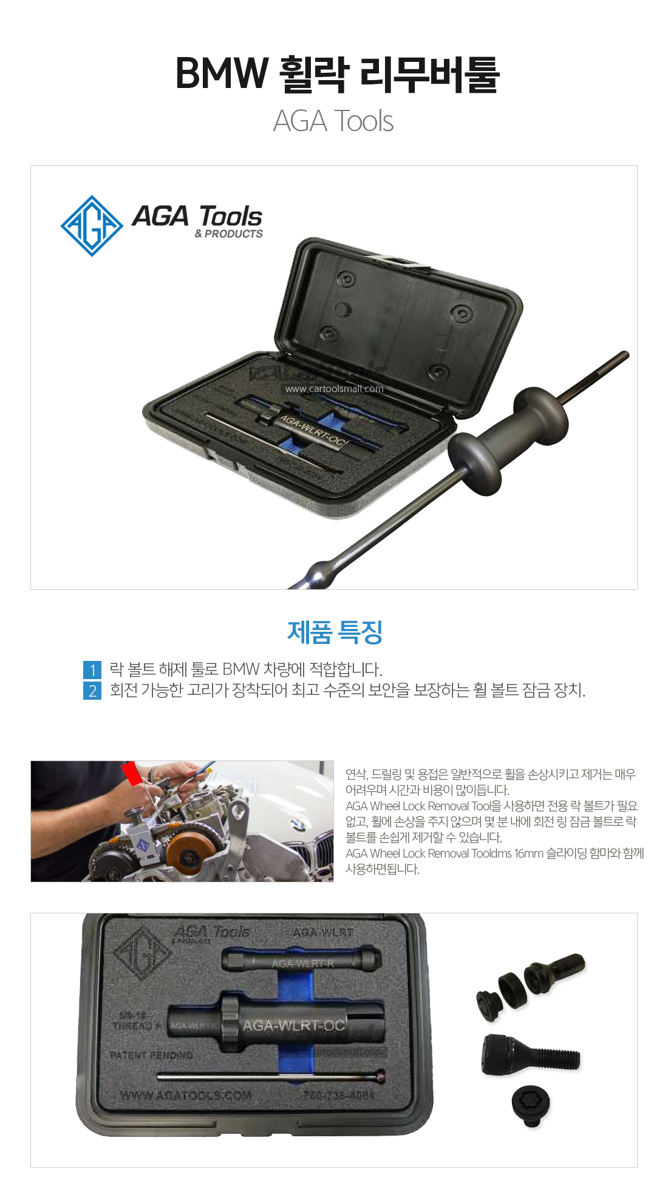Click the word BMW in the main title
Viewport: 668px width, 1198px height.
point(221,73)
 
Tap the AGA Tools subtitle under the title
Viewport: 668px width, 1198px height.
point(333,121)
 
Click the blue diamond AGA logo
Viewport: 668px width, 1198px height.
point(92,226)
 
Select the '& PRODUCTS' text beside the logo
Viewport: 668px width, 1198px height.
point(229,234)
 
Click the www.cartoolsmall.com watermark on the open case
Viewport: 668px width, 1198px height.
point(334,389)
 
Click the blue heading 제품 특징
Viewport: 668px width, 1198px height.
point(335,632)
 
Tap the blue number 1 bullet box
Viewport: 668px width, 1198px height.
point(92,670)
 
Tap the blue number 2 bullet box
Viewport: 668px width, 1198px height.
point(92,691)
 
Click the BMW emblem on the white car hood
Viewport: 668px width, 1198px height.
point(297,824)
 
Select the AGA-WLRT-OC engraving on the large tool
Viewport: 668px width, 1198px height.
point(294,1026)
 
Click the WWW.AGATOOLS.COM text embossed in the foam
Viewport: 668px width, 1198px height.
point(185,1096)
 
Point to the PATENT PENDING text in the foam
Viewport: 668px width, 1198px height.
point(151,1055)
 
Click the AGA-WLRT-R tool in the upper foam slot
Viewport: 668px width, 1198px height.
point(301,961)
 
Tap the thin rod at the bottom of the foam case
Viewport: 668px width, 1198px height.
point(270,1076)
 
